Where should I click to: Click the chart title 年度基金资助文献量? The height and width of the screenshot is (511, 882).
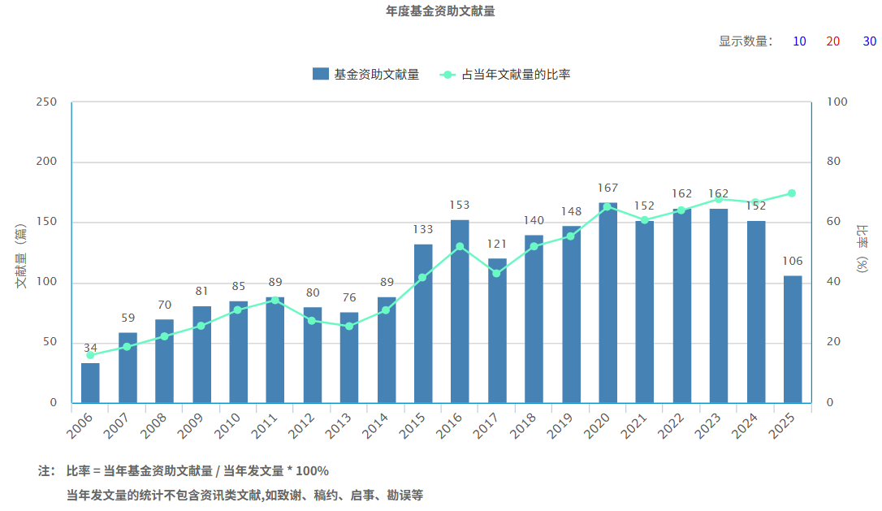point(440,11)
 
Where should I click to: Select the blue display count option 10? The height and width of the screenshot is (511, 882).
point(799,41)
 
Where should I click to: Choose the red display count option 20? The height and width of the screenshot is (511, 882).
point(832,41)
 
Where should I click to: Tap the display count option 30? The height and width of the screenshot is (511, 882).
point(869,41)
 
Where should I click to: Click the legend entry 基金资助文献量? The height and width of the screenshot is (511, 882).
point(366,74)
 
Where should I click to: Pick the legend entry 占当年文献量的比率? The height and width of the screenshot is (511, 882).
point(505,74)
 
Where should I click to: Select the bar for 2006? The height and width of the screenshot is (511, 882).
point(90,383)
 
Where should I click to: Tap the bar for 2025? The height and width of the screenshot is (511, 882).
point(793,339)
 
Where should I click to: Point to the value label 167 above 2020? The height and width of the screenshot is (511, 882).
point(607,188)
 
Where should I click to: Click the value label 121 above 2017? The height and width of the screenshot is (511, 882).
point(497,244)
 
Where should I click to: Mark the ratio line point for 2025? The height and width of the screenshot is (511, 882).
point(792,193)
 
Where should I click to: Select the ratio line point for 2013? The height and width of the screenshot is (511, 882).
point(349,326)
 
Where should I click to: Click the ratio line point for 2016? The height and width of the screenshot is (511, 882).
point(460,246)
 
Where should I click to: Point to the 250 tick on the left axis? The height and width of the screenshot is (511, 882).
point(47,102)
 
